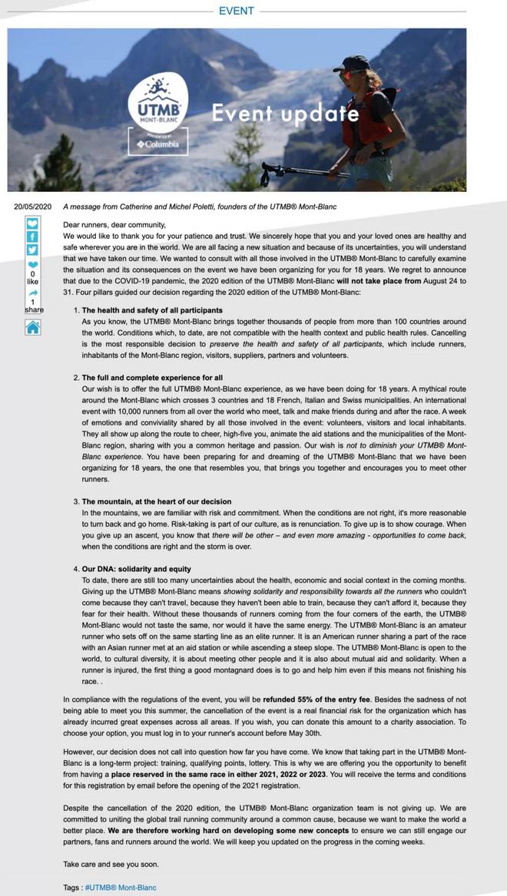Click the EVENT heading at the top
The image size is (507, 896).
click(x=236, y=11)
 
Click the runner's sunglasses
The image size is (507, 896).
click(x=351, y=74)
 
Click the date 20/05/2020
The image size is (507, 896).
click(x=33, y=207)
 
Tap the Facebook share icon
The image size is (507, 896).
click(x=32, y=236)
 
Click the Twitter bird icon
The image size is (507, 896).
click(x=32, y=250)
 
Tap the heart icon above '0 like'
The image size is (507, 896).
click(x=32, y=265)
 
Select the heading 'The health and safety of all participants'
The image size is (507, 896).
click(x=152, y=311)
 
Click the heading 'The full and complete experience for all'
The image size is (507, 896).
click(x=152, y=378)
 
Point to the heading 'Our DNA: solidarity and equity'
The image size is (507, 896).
click(x=137, y=569)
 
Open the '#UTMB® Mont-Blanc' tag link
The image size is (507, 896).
click(x=120, y=888)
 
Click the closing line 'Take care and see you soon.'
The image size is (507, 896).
click(x=111, y=864)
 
